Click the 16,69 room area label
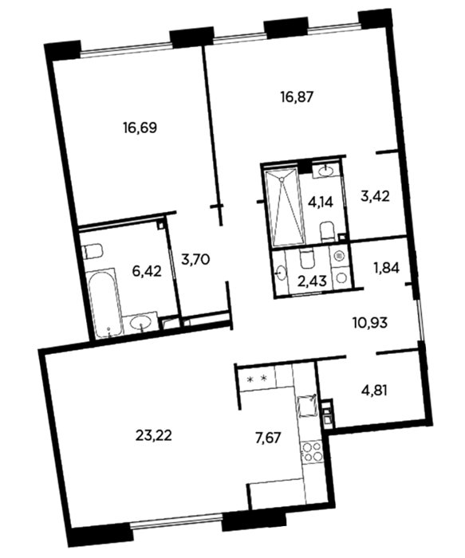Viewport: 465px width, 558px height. (140, 128)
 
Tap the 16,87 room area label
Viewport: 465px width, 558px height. (297, 96)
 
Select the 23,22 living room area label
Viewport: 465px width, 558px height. (154, 435)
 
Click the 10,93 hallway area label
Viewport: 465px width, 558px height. (369, 323)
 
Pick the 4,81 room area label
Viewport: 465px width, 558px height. (374, 391)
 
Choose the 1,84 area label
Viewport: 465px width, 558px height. (386, 268)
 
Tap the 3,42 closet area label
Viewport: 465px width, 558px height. (376, 196)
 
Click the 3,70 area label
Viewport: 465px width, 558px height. (195, 259)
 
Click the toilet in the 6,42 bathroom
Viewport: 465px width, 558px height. (92, 252)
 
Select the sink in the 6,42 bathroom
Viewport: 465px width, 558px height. (141, 322)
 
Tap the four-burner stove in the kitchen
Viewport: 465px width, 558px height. (312, 453)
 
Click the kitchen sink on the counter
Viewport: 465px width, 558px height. (307, 406)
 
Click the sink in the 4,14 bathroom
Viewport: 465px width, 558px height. (325, 171)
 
